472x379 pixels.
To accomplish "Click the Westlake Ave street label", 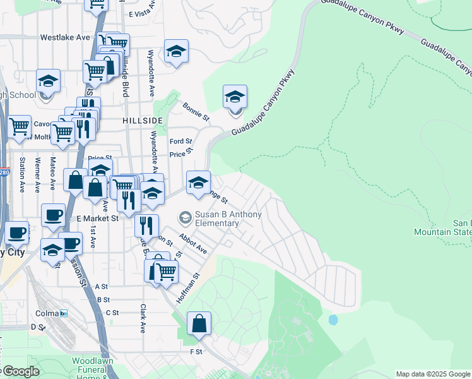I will pos(65,38).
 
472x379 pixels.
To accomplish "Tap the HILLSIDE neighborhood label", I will pos(143,120).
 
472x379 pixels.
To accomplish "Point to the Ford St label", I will pos(180,141).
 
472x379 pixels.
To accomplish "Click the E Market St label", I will pos(98,219).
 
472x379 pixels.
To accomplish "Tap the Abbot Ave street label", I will pos(192,243).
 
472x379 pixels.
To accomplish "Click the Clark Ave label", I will pos(143,319).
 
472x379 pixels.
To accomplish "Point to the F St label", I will pos(196,351).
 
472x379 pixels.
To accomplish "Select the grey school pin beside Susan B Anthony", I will pos(185,219).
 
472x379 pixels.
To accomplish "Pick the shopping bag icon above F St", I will pos(199,324).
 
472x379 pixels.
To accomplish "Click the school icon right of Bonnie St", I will pos(235,98).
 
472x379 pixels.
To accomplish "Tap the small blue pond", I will pos(333,320).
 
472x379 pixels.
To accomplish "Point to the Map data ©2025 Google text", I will pos(432,374).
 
